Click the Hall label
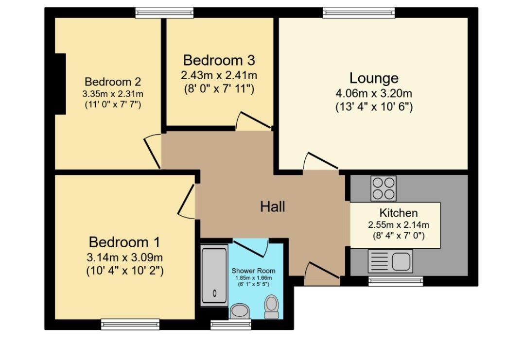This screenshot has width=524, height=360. pos(272,207)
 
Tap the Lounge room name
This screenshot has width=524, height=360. pos(374,78)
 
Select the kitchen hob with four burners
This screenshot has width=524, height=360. pos(384,188)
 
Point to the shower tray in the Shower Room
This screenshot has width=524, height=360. pos(214,275)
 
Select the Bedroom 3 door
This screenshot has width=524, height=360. pos(250,121)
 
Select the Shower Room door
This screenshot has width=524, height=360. pos(251,247)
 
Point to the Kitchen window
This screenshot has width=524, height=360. pos(395,280)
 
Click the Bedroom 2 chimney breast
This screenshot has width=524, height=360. pos(60,84)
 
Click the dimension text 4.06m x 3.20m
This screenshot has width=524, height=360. pos(374,94)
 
